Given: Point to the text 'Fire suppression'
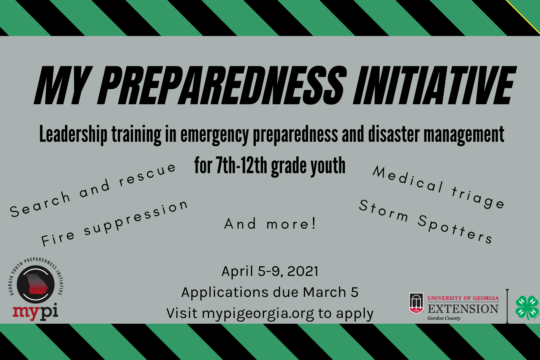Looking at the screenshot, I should pyautogui.click(x=114, y=223).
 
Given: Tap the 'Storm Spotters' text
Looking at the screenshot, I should pyautogui.click(x=425, y=221).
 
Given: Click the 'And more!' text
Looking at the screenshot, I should pyautogui.click(x=270, y=224).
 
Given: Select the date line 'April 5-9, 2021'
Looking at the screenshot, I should pyautogui.click(x=270, y=271).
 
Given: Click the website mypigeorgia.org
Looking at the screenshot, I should pyautogui.click(x=258, y=313).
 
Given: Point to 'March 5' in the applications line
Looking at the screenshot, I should pyautogui.click(x=330, y=292).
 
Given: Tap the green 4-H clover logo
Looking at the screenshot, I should pyautogui.click(x=527, y=307).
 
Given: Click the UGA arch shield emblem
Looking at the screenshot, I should pyautogui.click(x=416, y=303).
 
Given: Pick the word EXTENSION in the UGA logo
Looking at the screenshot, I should pyautogui.click(x=463, y=309).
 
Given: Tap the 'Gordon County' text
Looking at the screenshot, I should pyautogui.click(x=444, y=318).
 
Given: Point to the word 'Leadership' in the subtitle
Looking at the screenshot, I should pyautogui.click(x=73, y=134).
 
